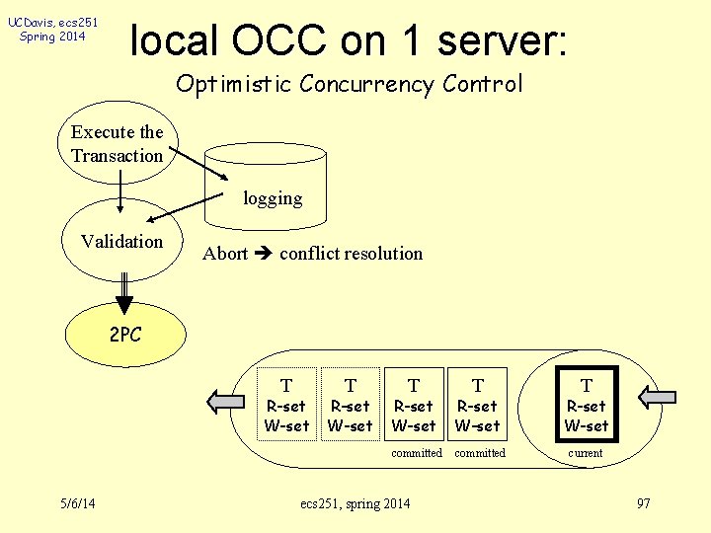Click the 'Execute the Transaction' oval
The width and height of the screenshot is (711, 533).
pyautogui.click(x=117, y=144)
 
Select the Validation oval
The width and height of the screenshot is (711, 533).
pyautogui.click(x=121, y=242)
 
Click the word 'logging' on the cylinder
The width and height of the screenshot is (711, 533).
pyautogui.click(x=273, y=198)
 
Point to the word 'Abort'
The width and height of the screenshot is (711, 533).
pyautogui.click(x=225, y=254)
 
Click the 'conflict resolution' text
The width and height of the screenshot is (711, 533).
pyautogui.click(x=351, y=254)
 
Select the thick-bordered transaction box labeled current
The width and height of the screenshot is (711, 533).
pyautogui.click(x=587, y=405)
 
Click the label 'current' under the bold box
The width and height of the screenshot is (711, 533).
pyautogui.click(x=586, y=453)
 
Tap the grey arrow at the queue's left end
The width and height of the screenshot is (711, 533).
pyautogui.click(x=225, y=400)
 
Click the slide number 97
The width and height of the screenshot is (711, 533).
pyautogui.click(x=644, y=504)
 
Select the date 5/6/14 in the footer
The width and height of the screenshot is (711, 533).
pyautogui.click(x=76, y=504)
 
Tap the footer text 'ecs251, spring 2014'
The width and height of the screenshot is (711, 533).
pyautogui.click(x=355, y=504)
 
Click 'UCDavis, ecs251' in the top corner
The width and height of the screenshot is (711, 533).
pyautogui.click(x=52, y=22)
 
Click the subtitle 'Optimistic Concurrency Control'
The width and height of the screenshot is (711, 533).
pyautogui.click(x=349, y=84)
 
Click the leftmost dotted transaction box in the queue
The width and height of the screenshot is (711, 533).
pyautogui.click(x=286, y=405)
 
